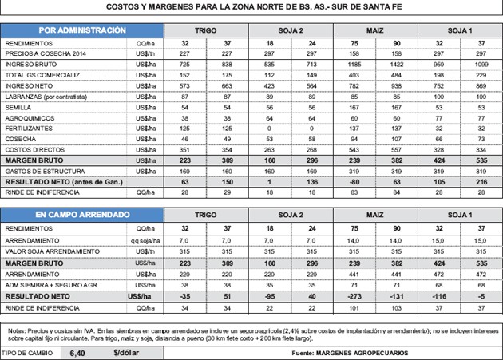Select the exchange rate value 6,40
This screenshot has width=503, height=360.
tap(77, 351)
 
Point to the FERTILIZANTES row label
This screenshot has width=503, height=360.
tap(30, 128)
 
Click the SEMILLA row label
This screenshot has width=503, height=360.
tap(19, 105)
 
